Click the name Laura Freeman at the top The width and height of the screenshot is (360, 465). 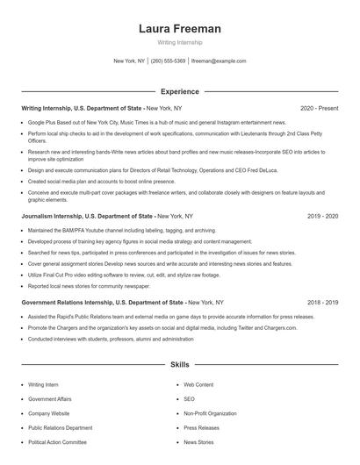[x=180, y=29]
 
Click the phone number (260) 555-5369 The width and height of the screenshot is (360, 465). [x=169, y=61]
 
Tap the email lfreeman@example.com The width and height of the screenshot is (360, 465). [x=219, y=61]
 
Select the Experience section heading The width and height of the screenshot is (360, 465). [x=180, y=90]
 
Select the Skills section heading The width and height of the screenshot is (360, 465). [x=180, y=364]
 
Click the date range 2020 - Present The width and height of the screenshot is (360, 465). [x=319, y=108]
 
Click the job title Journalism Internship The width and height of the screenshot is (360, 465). [x=54, y=216]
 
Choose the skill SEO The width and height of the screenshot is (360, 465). [x=189, y=399]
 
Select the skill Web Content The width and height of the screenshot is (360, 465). [x=198, y=384]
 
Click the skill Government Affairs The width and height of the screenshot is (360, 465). [x=49, y=399]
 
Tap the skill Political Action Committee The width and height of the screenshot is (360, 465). [x=57, y=443]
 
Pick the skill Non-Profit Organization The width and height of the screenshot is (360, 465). [x=211, y=413]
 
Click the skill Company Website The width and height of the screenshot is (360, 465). [x=49, y=413]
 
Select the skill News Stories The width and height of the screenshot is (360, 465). [x=198, y=443]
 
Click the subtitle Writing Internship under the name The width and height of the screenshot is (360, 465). [x=180, y=42]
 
